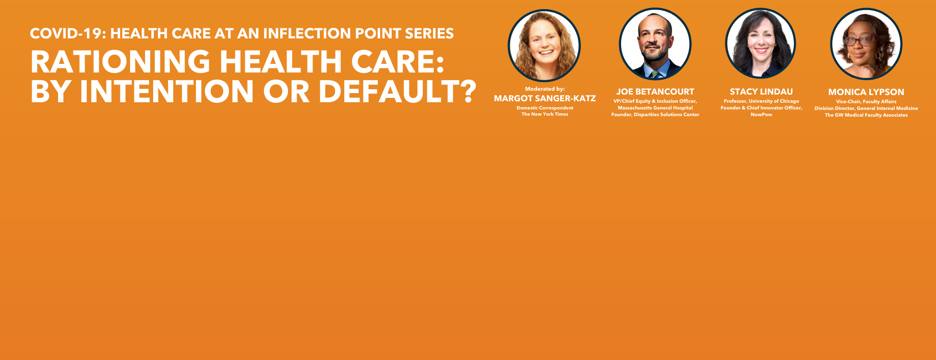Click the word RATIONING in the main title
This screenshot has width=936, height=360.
click(120, 61)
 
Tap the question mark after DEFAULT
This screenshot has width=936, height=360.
click(466, 91)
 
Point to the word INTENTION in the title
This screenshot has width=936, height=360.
click(167, 91)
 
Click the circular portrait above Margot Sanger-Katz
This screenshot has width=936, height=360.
click(544, 46)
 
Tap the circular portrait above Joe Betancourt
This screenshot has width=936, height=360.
click(655, 44)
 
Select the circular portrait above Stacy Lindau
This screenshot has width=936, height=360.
click(760, 44)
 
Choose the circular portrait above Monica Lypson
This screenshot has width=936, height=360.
click(866, 44)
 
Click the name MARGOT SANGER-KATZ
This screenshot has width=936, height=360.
click(545, 98)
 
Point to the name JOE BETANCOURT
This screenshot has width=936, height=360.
click(655, 92)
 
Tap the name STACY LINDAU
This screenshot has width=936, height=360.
click(761, 92)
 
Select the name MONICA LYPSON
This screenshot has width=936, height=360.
click(866, 92)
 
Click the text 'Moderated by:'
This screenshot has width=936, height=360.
click(545, 89)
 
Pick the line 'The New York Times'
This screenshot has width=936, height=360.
click(545, 114)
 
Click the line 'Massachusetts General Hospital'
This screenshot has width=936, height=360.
click(655, 108)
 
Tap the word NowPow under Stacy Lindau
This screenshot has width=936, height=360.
click(761, 115)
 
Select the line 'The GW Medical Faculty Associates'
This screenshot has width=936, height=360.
click(866, 115)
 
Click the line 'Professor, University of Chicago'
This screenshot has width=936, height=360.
click(761, 101)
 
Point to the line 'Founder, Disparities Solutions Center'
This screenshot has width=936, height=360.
click(655, 115)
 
